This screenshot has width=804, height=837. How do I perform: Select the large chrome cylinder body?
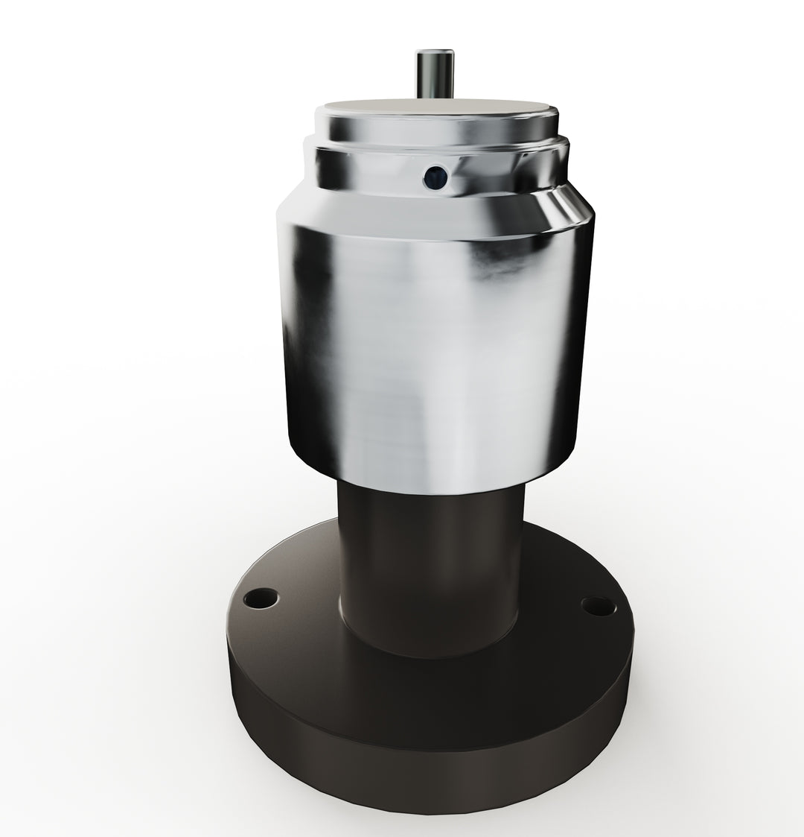coord(432,335)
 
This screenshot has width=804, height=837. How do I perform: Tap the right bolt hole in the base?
coord(599,605)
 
